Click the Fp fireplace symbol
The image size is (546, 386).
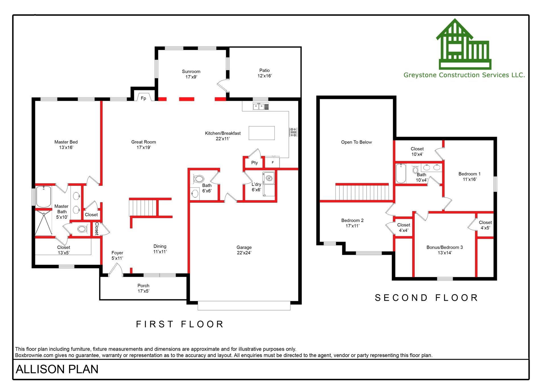pos(143,98)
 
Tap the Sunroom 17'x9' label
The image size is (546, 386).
pos(191,74)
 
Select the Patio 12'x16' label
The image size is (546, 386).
pos(264,73)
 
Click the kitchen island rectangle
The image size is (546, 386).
pos(262,133)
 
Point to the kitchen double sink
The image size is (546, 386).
pos(258,107)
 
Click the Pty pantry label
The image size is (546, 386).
pos(255,163)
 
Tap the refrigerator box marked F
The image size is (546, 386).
pos(272,163)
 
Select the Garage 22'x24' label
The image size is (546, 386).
pos(244,250)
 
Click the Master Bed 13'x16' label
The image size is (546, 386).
pos(66,144)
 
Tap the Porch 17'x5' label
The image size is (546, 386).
pos(143,288)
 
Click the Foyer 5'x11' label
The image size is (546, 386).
pos(117,255)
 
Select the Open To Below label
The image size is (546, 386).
pos(356,142)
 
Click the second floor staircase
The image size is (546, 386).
pos(362,192)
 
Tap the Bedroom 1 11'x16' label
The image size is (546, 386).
pos(469,176)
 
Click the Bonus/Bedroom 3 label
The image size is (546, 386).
pos(444,250)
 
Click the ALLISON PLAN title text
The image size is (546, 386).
pos(57,369)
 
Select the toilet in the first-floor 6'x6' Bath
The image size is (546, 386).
pos(199,179)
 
